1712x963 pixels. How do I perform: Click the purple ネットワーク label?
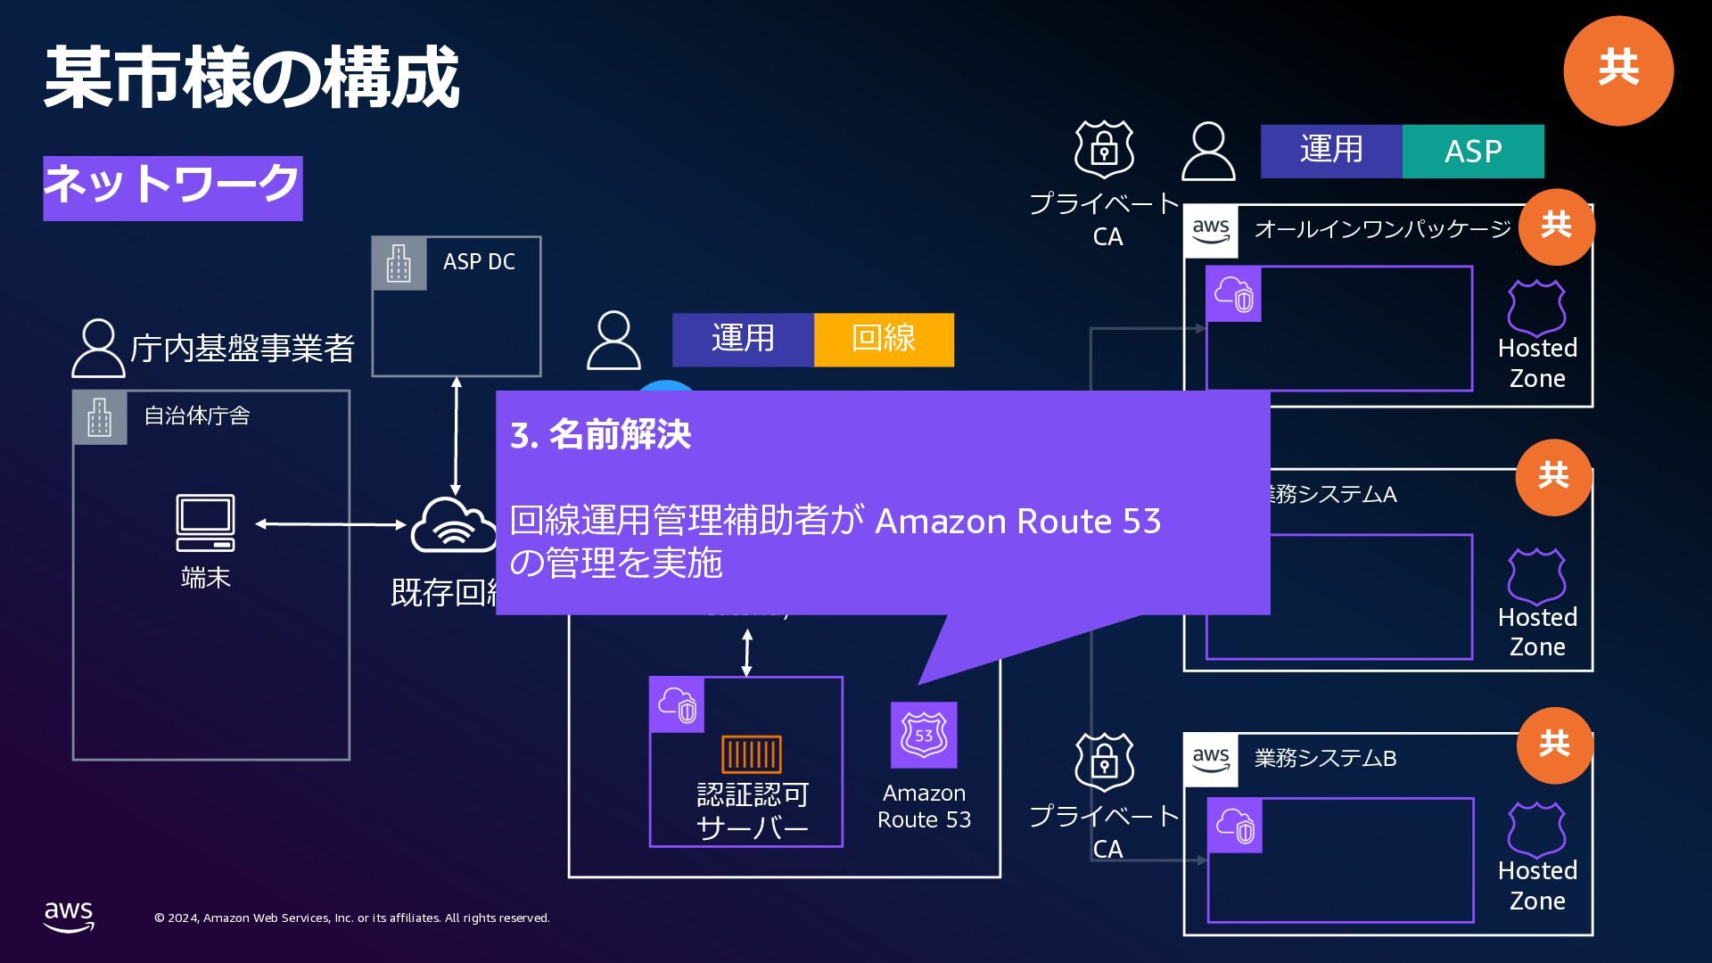[172, 187]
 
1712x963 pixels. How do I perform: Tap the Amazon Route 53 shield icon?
[924, 736]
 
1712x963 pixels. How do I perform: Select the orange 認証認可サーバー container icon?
[751, 754]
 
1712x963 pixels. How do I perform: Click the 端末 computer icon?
[206, 523]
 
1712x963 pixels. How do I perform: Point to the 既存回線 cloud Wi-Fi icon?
[453, 526]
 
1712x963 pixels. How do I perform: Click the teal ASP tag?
[1472, 152]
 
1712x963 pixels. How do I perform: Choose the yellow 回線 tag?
[884, 339]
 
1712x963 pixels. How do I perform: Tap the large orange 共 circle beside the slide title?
[1617, 70]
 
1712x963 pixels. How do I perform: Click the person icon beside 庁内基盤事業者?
[97, 348]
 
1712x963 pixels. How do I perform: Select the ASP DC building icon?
[399, 264]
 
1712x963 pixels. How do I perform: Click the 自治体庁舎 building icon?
[100, 417]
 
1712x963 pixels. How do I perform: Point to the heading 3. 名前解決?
[600, 435]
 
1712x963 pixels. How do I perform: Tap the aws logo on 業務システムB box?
[1210, 760]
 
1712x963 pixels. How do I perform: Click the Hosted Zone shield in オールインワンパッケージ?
[1535, 308]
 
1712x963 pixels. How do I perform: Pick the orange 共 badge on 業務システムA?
[1553, 476]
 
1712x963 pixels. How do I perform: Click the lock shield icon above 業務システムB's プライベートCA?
[1104, 763]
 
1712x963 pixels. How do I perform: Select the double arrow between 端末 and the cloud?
[331, 524]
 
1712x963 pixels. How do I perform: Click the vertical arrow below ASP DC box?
[456, 436]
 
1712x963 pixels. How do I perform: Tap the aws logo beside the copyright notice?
[69, 916]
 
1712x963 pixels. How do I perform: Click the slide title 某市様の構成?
[251, 78]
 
